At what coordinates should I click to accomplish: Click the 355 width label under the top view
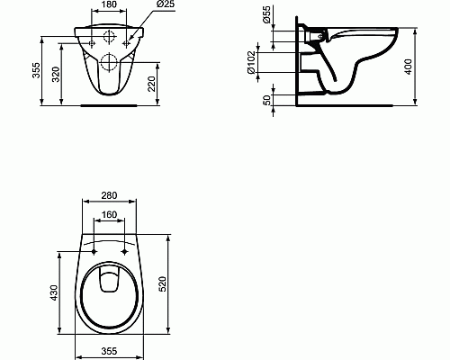point(109,349)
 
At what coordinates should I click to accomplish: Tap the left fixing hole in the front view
point(93,41)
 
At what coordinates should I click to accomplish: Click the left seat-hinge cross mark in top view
point(94,253)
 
